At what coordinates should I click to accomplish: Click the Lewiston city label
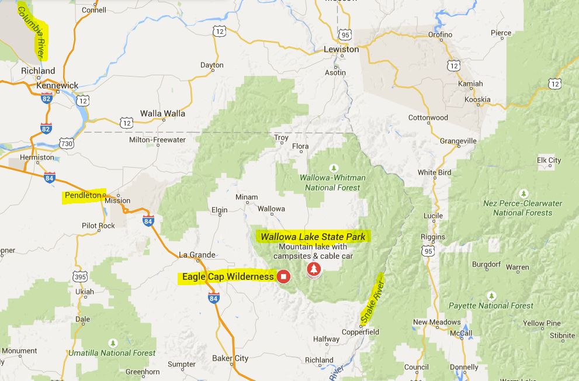(341, 50)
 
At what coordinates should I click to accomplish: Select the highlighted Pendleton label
(83, 195)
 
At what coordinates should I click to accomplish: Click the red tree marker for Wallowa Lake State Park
(314, 269)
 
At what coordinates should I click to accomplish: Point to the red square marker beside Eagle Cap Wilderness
(283, 276)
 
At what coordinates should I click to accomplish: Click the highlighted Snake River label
(372, 302)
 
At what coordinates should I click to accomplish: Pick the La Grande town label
(197, 255)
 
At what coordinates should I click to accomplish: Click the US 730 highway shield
(66, 143)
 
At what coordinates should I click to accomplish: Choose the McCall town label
(461, 334)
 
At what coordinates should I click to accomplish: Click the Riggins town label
(433, 237)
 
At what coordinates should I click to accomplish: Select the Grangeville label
(458, 141)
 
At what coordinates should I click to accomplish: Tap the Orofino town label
(440, 35)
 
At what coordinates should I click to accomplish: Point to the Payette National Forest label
(491, 305)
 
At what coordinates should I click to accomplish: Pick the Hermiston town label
(37, 157)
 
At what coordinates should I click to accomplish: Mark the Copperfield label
(360, 332)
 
